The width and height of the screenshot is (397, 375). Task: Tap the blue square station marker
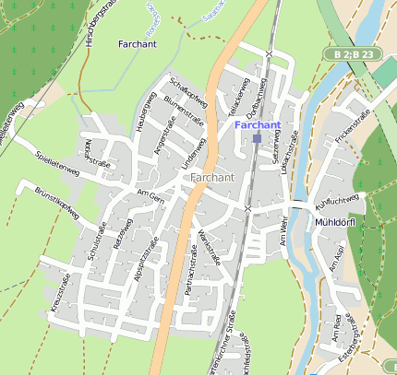pyautogui.click(x=257, y=138)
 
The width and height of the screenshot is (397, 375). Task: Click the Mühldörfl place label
pyautogui.click(x=342, y=222)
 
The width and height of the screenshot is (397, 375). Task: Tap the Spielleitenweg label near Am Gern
pyautogui.click(x=57, y=165)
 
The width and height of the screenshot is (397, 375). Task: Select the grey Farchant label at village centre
pyautogui.click(x=212, y=177)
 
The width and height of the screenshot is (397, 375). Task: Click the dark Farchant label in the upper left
pyautogui.click(x=138, y=43)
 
